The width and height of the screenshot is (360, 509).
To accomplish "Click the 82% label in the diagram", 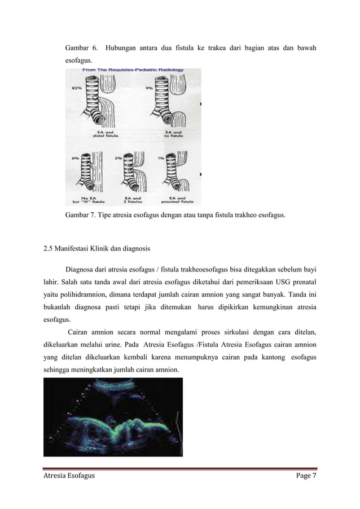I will pos(76,89).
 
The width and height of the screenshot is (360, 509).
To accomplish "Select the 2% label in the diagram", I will pos(118,158).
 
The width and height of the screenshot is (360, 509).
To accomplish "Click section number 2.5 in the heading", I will pos(49,247).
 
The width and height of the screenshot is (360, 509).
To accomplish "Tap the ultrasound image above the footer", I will pos(113,416).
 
